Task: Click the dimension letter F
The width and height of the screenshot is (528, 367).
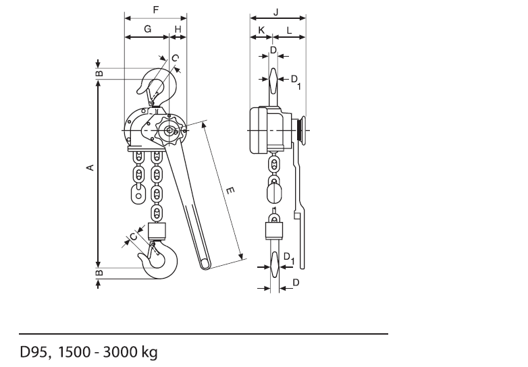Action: pos(155,9)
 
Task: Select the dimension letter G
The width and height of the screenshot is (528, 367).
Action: pos(147,29)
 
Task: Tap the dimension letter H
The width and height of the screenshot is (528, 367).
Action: pos(178,29)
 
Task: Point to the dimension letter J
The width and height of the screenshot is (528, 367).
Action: pos(275,12)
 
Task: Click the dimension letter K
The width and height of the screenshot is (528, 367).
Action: pos(261,30)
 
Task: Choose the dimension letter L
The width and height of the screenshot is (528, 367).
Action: pos(289,30)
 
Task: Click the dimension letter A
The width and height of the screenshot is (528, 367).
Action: pos(90,167)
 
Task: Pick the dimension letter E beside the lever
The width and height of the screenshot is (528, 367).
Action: pos(230,191)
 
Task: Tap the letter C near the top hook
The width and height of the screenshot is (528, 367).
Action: pos(175,59)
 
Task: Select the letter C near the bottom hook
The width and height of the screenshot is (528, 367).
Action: pos(134,237)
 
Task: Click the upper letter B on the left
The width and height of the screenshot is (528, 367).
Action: pos(99,74)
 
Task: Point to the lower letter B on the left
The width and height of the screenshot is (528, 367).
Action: pos(99,273)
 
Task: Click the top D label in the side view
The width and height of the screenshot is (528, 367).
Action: pos(273,50)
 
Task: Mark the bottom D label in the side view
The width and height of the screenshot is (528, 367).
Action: pos(296,283)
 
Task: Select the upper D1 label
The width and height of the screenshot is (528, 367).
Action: pos(295,82)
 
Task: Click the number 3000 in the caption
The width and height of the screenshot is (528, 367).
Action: pos(118,352)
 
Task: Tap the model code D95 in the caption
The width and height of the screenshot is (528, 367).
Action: pos(33,352)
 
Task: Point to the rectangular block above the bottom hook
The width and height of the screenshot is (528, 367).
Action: pos(157,231)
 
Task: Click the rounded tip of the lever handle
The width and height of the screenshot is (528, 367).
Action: pos(205,265)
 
